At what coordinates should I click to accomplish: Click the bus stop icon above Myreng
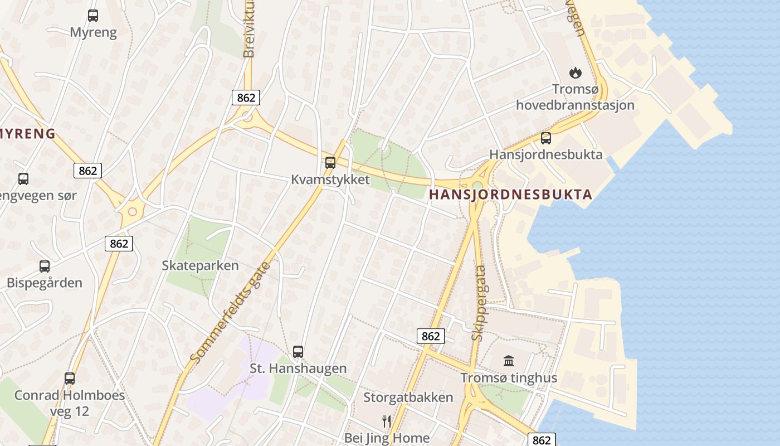[93, 16]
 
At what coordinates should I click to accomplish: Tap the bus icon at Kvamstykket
[330, 163]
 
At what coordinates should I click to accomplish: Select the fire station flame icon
[575, 72]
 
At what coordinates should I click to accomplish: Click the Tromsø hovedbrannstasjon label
[575, 97]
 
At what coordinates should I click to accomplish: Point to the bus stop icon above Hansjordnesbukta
[546, 138]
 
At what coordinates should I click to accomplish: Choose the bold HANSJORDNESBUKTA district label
[510, 195]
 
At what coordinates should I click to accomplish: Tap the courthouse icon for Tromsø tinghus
[509, 361]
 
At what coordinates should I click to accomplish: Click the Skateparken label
[200, 265]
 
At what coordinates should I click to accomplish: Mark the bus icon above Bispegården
[45, 266]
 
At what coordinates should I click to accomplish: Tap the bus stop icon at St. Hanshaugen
[298, 352]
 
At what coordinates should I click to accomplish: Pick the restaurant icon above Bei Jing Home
[387, 421]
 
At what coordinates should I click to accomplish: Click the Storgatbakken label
[408, 397]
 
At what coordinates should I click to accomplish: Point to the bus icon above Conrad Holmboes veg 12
[70, 378]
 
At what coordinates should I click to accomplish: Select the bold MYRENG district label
[28, 134]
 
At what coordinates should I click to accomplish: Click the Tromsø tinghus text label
[509, 378]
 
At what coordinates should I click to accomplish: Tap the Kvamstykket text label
[330, 180]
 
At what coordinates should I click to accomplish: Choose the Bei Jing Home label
[387, 438]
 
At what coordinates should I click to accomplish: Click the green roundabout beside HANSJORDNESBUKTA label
[477, 186]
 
